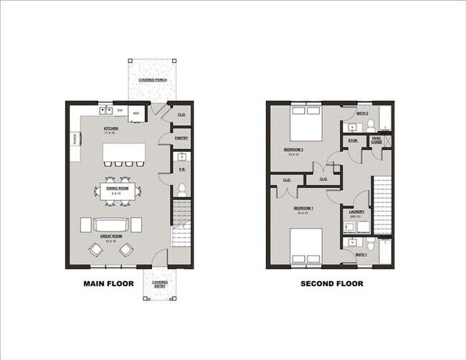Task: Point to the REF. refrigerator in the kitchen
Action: [137, 112]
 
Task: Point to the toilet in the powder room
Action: [182, 189]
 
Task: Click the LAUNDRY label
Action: [355, 212]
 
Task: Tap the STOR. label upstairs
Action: [353, 141]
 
